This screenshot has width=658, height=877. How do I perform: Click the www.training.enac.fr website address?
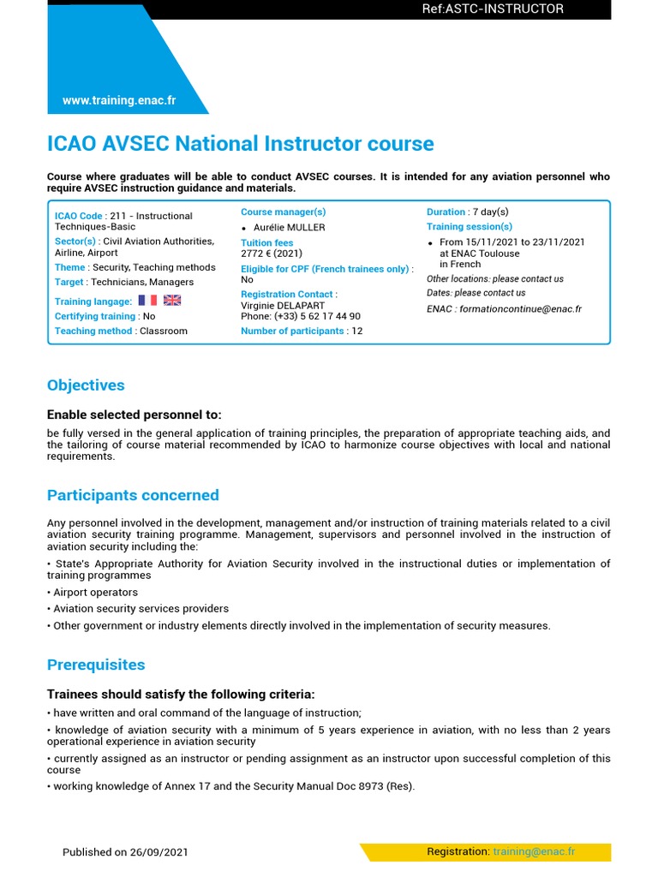pyautogui.click(x=119, y=100)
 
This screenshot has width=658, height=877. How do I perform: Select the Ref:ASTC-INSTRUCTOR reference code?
pyautogui.click(x=493, y=9)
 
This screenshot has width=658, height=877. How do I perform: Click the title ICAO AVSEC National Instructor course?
pyautogui.click(x=240, y=144)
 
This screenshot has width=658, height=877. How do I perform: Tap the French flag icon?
pyautogui.click(x=147, y=301)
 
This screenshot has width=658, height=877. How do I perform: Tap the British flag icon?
pyautogui.click(x=172, y=301)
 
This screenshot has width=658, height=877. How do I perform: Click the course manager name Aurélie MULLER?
pyautogui.click(x=289, y=228)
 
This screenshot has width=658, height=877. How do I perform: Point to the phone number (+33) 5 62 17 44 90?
pyautogui.click(x=301, y=316)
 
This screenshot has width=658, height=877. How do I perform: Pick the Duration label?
pyautogui.click(x=446, y=212)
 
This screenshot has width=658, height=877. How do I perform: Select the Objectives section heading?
pyautogui.click(x=86, y=385)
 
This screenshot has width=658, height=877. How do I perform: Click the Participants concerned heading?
pyautogui.click(x=133, y=495)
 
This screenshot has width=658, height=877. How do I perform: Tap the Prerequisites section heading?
pyautogui.click(x=96, y=665)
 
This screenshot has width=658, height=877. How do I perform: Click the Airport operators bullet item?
pyautogui.click(x=94, y=592)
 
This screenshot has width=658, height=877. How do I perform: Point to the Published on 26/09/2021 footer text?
pyautogui.click(x=125, y=852)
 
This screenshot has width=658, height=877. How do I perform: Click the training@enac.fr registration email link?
pyautogui.click(x=534, y=851)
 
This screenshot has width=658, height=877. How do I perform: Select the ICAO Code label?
pyautogui.click(x=79, y=216)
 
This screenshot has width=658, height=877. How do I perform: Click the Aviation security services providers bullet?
pyautogui.click(x=141, y=609)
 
